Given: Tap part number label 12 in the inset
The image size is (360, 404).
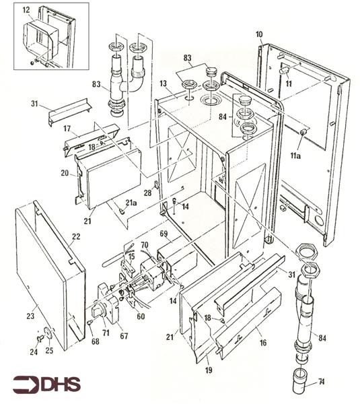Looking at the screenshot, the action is (x=26, y=10).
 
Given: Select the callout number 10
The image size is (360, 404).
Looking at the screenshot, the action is (x=259, y=34).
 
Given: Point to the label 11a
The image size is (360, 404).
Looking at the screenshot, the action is (x=295, y=156).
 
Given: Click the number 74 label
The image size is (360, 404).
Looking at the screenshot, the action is (x=321, y=381).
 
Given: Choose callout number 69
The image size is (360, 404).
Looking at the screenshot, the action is (x=164, y=234).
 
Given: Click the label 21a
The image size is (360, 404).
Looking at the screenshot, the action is (x=131, y=203).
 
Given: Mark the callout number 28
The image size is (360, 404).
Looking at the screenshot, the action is (x=147, y=193).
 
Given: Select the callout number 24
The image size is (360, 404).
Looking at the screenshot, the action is (x=34, y=351).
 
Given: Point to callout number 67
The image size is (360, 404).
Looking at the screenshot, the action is (x=124, y=336).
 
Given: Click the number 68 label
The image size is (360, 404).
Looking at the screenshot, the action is (x=96, y=341).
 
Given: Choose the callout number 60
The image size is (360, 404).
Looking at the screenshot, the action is (x=141, y=316).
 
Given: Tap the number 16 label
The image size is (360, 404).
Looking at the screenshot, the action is (x=262, y=343).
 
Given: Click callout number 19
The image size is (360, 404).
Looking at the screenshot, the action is (x=209, y=370).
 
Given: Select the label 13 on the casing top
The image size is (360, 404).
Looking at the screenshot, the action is (x=163, y=83).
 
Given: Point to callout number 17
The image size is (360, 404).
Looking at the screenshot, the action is (x=67, y=129).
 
